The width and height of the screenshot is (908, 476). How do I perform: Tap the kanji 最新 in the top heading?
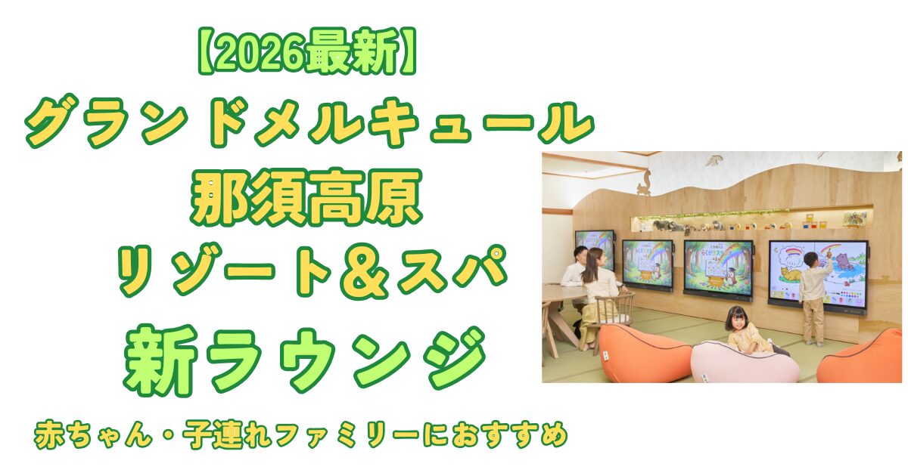(353, 51)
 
